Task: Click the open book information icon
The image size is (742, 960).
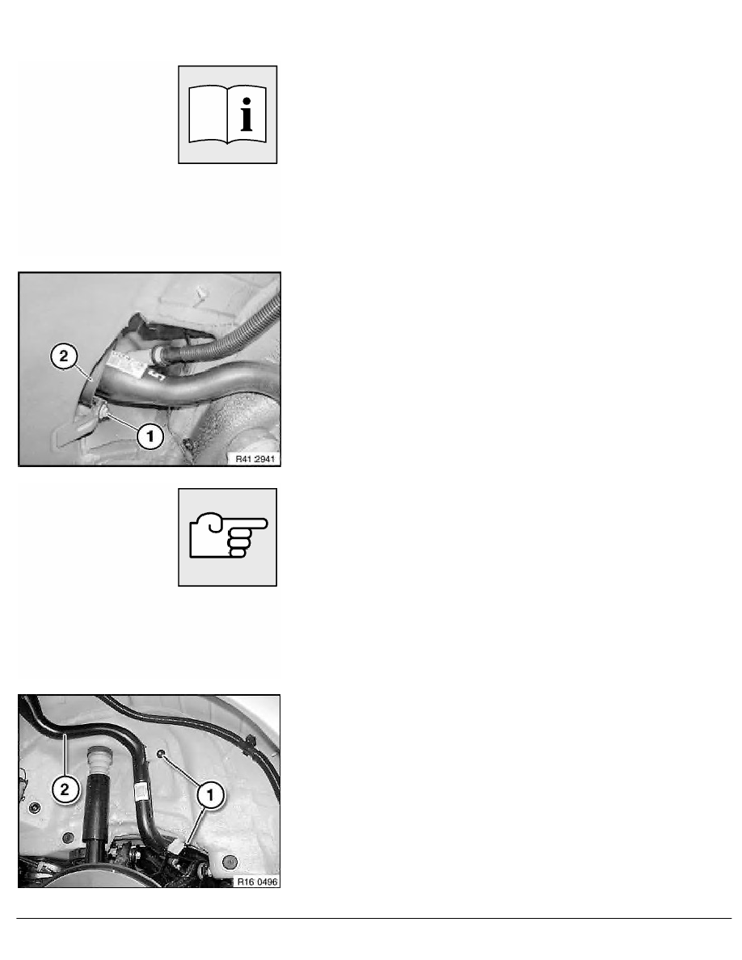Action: tap(227, 115)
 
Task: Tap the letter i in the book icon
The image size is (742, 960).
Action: tap(247, 115)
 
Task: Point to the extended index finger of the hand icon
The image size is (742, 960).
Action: tap(246, 524)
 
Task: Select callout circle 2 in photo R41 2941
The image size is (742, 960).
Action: tap(65, 356)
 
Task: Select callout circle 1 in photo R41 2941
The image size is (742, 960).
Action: tap(150, 436)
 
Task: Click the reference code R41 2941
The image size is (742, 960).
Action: tap(255, 458)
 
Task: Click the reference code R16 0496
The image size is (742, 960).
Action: tap(257, 882)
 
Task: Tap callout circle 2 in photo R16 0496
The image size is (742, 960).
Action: tap(65, 789)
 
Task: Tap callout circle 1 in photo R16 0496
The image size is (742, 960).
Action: tap(211, 794)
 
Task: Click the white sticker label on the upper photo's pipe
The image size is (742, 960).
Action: tap(128, 365)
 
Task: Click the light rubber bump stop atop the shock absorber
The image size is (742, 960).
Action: tap(98, 761)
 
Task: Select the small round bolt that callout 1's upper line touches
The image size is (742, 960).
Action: tap(160, 754)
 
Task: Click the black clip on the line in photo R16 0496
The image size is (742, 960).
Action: tap(251, 744)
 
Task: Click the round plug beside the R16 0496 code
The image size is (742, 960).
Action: tap(229, 861)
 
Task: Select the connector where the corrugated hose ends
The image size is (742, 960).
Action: tap(158, 353)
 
